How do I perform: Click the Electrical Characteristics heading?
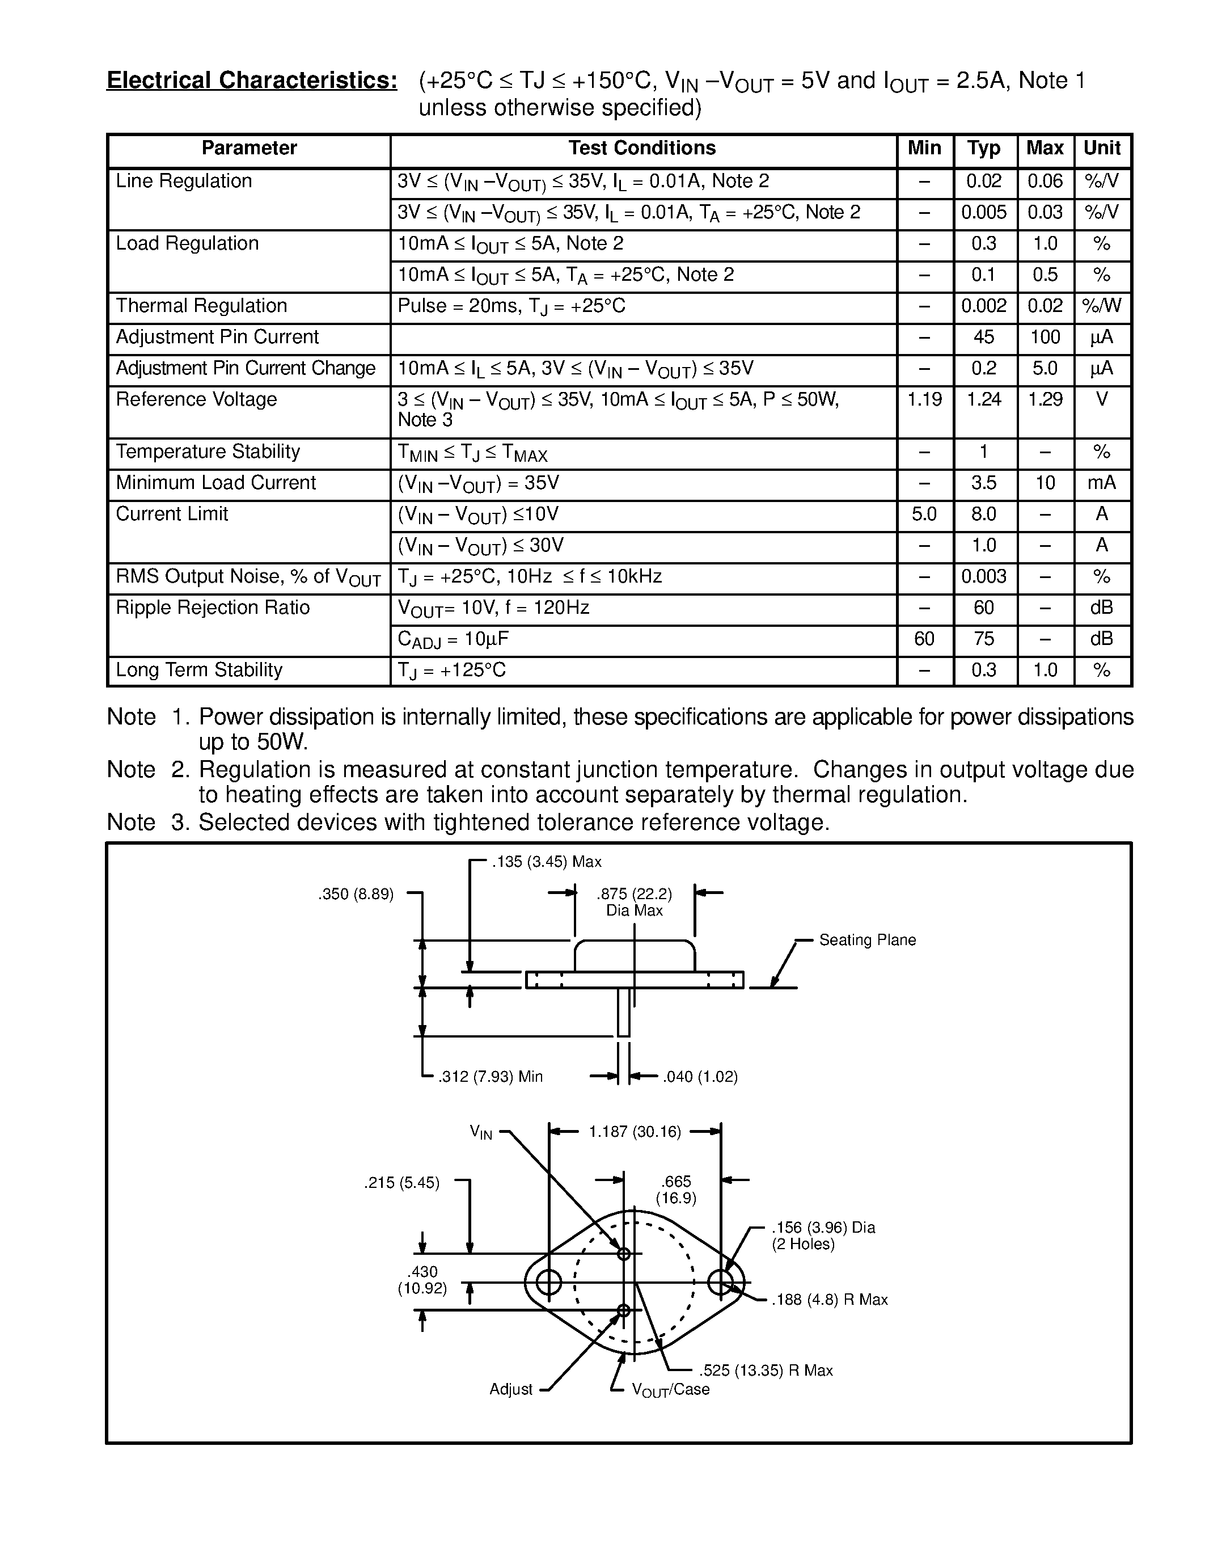[x=251, y=81]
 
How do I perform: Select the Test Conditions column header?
[x=642, y=149]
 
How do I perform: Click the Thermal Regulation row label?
[x=201, y=306]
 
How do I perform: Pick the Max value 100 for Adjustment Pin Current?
[x=1045, y=337]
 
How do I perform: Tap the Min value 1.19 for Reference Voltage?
[x=924, y=399]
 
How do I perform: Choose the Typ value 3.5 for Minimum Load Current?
[x=984, y=483]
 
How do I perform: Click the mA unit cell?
[x=1101, y=483]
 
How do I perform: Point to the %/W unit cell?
[x=1101, y=306]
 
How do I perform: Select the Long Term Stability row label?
[x=199, y=670]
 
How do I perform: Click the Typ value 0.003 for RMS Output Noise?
[x=984, y=576]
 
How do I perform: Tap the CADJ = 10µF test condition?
[x=453, y=639]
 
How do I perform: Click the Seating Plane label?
[x=866, y=940]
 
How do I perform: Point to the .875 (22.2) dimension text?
[x=634, y=894]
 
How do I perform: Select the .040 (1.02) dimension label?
[x=700, y=1077]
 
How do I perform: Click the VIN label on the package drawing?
[x=480, y=1132]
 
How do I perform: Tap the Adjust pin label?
[x=510, y=1389]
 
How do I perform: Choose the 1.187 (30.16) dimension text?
[x=635, y=1132]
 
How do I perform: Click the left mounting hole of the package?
[x=548, y=1282]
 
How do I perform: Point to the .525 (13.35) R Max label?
[x=766, y=1370]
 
